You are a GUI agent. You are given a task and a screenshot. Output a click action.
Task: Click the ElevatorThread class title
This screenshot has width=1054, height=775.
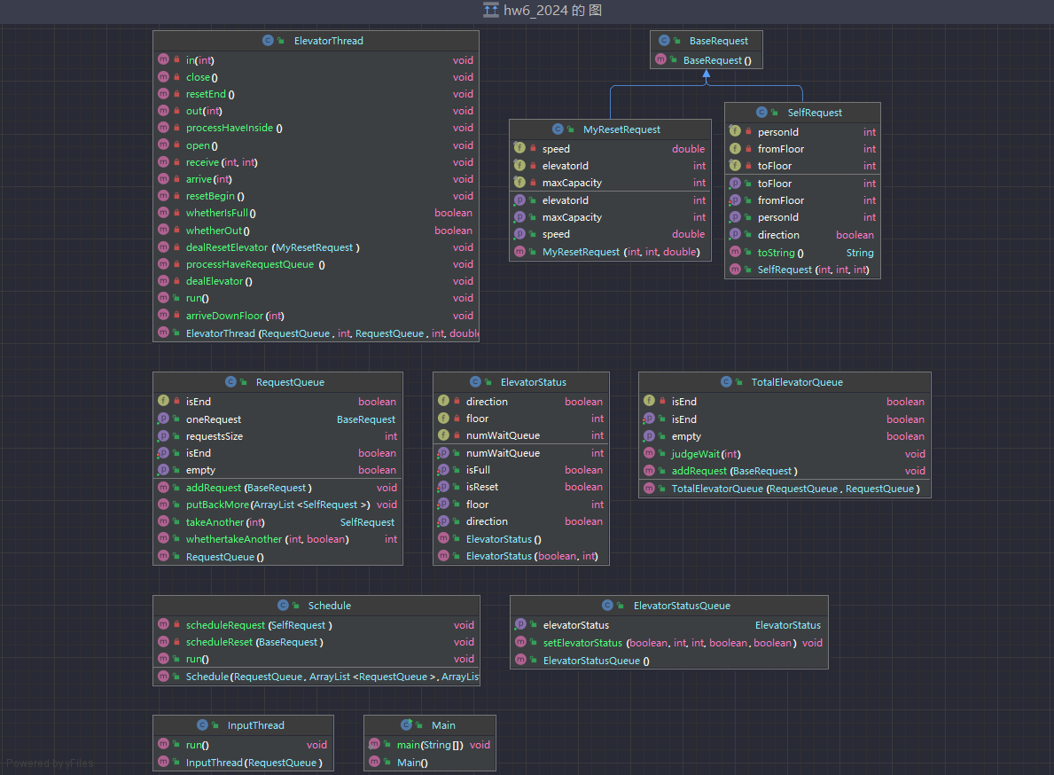click(x=329, y=41)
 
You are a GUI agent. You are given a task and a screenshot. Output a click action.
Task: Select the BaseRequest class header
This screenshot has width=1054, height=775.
click(x=719, y=41)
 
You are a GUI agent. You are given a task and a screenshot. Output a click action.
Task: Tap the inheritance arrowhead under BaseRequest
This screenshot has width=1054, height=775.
click(x=706, y=74)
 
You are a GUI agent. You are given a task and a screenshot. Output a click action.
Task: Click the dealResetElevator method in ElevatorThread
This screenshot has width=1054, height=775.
click(x=272, y=247)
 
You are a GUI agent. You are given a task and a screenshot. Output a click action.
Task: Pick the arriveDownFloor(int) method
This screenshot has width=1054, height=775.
click(x=235, y=316)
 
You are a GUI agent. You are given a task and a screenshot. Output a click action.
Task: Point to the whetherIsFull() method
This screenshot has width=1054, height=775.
click(x=221, y=213)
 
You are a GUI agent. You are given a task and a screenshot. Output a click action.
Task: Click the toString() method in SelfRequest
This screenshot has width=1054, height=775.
click(x=780, y=253)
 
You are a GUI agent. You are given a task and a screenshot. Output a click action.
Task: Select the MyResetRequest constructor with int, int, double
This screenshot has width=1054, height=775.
click(x=621, y=252)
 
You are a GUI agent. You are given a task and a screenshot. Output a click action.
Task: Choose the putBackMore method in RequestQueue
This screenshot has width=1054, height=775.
click(x=277, y=505)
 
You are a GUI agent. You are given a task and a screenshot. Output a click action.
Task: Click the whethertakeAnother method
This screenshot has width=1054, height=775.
click(x=267, y=539)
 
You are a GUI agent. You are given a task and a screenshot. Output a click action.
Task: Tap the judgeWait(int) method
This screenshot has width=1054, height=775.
click(x=706, y=454)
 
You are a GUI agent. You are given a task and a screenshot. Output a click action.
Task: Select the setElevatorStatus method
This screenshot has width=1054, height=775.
click(x=669, y=643)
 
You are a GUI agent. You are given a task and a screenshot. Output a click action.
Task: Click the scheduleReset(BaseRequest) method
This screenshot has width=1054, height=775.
click(x=254, y=642)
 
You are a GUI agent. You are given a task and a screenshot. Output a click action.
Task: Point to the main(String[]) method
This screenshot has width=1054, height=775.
click(x=430, y=745)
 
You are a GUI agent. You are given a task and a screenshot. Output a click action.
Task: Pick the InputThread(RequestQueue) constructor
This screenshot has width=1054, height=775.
click(x=254, y=763)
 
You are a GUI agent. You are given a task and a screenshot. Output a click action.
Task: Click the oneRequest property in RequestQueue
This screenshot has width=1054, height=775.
click(x=213, y=419)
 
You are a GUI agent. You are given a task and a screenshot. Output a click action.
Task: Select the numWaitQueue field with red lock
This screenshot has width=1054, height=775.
click(x=503, y=435)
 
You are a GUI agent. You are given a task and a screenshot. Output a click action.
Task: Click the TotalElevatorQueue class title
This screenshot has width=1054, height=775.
click(x=797, y=382)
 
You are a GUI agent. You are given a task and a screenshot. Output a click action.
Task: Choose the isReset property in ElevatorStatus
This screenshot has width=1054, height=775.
click(x=482, y=487)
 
